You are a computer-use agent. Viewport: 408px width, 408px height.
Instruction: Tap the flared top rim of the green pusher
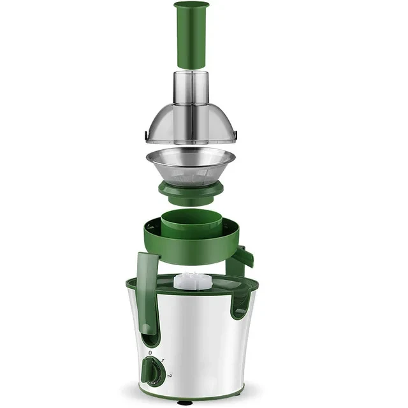[x=191, y=6]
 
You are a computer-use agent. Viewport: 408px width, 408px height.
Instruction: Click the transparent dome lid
[x=191, y=124]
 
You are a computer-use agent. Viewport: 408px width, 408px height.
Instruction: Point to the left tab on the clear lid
[x=147, y=135]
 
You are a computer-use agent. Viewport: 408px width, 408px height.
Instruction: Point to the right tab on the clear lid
[x=235, y=135]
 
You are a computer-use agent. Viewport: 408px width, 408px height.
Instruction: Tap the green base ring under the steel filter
[x=191, y=191]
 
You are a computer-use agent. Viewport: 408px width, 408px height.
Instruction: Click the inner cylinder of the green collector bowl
[x=191, y=223]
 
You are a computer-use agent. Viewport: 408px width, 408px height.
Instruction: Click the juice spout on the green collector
[x=245, y=256]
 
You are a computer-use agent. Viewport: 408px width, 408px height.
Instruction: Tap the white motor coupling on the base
[x=191, y=280]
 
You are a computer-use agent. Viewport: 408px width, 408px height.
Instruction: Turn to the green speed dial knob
[x=152, y=370]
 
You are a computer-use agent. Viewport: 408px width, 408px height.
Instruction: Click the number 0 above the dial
[x=150, y=353]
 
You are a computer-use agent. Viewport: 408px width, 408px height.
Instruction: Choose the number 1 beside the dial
[x=163, y=361]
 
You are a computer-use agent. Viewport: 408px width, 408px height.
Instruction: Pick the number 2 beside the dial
[x=170, y=375]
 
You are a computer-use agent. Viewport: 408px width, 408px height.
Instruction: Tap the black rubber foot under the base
[x=185, y=402]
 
